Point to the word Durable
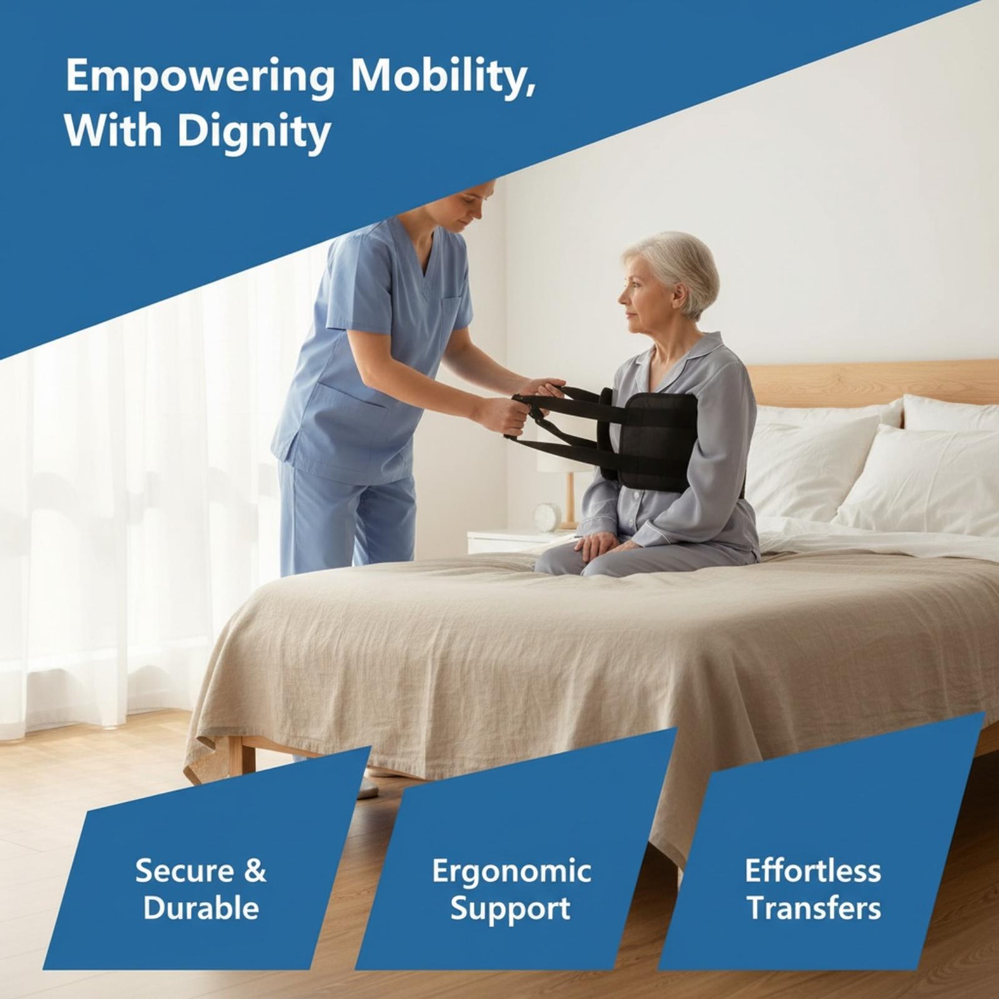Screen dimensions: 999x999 tap(201, 908)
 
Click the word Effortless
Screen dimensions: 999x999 tap(813, 870)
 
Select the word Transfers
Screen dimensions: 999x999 tap(814, 908)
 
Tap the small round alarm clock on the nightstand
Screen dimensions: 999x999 tap(547, 516)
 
